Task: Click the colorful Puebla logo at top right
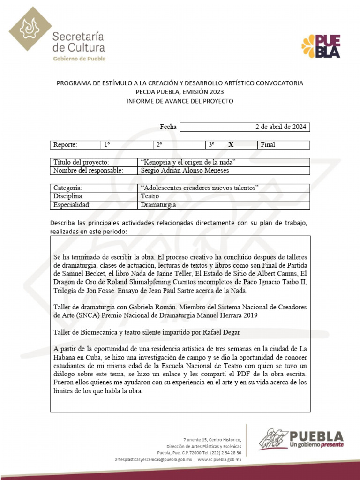click(x=321, y=46)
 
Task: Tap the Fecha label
click(x=168, y=127)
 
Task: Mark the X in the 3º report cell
click(x=231, y=145)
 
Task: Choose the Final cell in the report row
click(x=268, y=145)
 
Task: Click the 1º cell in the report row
click(x=107, y=145)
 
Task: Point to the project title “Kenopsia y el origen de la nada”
click(x=187, y=162)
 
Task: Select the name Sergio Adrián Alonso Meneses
click(x=185, y=170)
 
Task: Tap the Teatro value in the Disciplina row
click(x=150, y=196)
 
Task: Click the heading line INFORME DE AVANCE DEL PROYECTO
click(x=180, y=101)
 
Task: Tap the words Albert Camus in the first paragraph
click(x=279, y=274)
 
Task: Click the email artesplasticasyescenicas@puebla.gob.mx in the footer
click(x=153, y=460)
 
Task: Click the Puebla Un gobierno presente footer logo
click(x=300, y=439)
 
